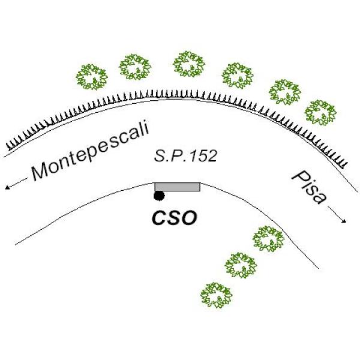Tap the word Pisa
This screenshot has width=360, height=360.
pyautogui.click(x=308, y=186)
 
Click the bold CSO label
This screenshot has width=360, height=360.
pyautogui.click(x=173, y=218)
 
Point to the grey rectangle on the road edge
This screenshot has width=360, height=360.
pyautogui.click(x=177, y=187)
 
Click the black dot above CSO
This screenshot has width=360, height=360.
pyautogui.click(x=159, y=196)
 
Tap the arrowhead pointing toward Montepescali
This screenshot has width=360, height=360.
pyautogui.click(x=8, y=188)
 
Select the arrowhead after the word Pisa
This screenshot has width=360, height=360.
pyautogui.click(x=345, y=222)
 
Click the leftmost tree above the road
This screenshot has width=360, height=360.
pyautogui.click(x=92, y=76)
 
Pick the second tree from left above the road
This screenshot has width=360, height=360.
pyautogui.click(x=135, y=67)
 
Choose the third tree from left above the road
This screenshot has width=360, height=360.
pyautogui.click(x=189, y=64)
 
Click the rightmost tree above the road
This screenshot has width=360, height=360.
pyautogui.click(x=320, y=112)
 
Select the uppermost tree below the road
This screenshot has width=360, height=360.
pyautogui.click(x=268, y=239)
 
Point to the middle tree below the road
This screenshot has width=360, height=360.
pyautogui.click(x=240, y=265)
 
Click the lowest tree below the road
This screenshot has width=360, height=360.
pyautogui.click(x=217, y=295)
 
